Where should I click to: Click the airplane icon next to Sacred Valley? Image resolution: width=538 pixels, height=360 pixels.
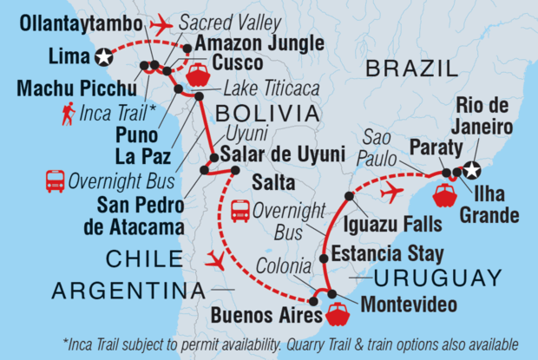(x=161, y=26)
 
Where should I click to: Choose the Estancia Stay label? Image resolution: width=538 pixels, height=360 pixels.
(x=389, y=255)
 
